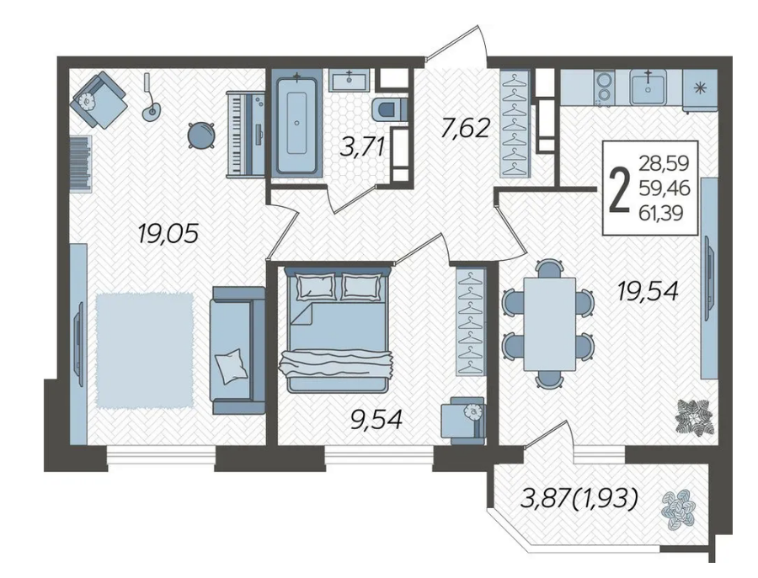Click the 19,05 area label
pos(168,234)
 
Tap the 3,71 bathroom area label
pos(362,146)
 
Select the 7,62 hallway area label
pos(465,129)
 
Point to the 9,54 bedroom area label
pos(376,419)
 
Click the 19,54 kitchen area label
pos(648,291)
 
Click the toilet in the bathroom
pos(389,109)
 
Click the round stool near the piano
pos(200,135)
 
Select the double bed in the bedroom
pos(339,331)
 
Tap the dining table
pos(550,324)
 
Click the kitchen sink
pos(648,87)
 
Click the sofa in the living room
pos(238,350)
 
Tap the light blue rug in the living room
pos(145,351)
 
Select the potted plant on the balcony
pos(679,510)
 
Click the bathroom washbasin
pos(350,80)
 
